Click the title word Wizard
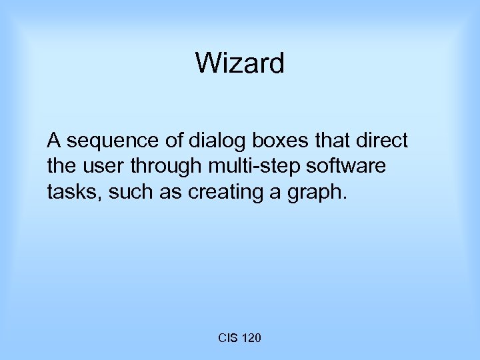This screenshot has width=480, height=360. (240, 64)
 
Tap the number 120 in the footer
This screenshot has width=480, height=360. (251, 339)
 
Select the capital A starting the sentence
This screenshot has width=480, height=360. (53, 141)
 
